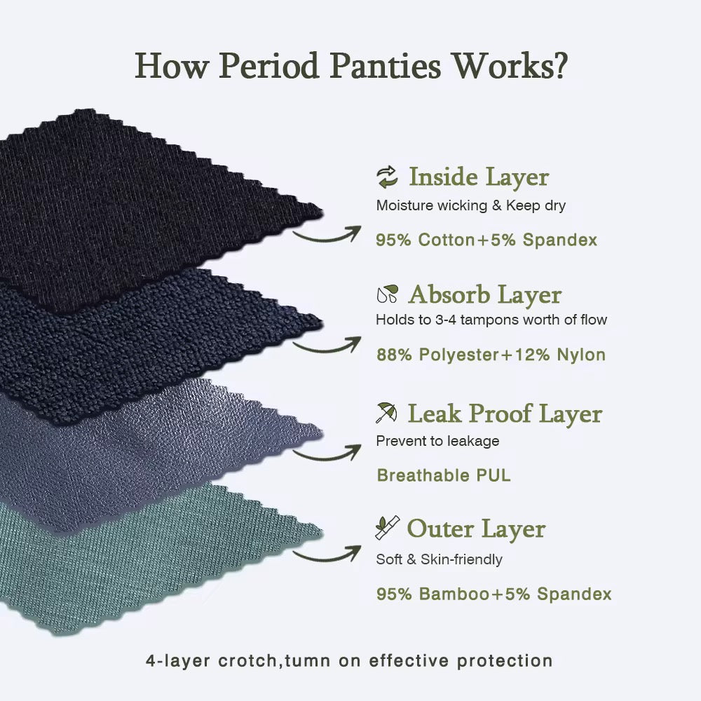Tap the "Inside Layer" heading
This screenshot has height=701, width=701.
pos(478,177)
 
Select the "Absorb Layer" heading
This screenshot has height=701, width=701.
pos(484,295)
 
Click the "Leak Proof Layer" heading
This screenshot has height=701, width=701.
pos(505,414)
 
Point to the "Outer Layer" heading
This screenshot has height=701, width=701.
pos(475,529)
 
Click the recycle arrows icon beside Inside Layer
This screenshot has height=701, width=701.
pos(387,177)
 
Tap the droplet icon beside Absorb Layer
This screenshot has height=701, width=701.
pos(387,294)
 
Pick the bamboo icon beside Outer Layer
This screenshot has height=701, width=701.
pos(387,527)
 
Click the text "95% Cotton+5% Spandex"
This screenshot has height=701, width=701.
pos(486,240)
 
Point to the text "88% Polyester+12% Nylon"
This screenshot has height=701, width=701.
pos(491,355)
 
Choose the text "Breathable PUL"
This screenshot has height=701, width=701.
pos(444,475)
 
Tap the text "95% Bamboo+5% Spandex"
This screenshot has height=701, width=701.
pos(494,594)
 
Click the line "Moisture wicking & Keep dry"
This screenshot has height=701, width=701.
pos(470,206)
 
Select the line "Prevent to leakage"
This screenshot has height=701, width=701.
pos(437,441)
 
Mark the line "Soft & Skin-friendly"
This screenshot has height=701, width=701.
pos(439,559)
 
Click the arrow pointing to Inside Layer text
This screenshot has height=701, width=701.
pos(327,234)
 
